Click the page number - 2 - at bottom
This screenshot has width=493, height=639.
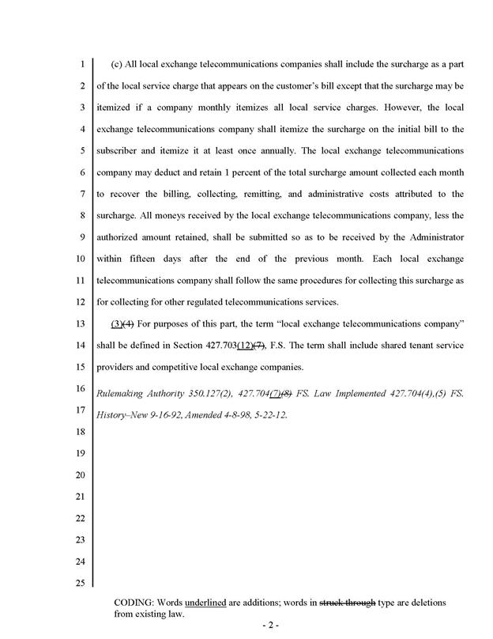(270, 626)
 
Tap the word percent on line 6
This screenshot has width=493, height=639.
(235, 172)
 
